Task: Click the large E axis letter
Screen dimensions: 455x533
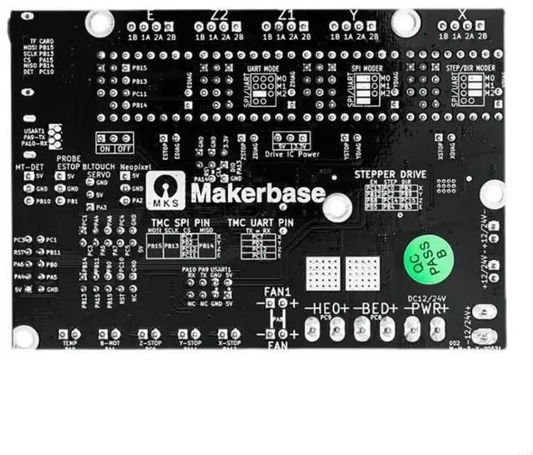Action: pyautogui.click(x=149, y=14)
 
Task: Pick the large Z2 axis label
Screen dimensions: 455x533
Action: pyautogui.click(x=220, y=14)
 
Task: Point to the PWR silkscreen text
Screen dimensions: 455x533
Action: pyautogui.click(x=426, y=308)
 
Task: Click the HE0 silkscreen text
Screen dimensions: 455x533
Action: pyautogui.click(x=326, y=308)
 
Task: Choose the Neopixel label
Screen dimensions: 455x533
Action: pyautogui.click(x=133, y=167)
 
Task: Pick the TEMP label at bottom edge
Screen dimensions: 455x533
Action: pyautogui.click(x=70, y=342)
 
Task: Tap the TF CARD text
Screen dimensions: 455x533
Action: pyautogui.click(x=42, y=40)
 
